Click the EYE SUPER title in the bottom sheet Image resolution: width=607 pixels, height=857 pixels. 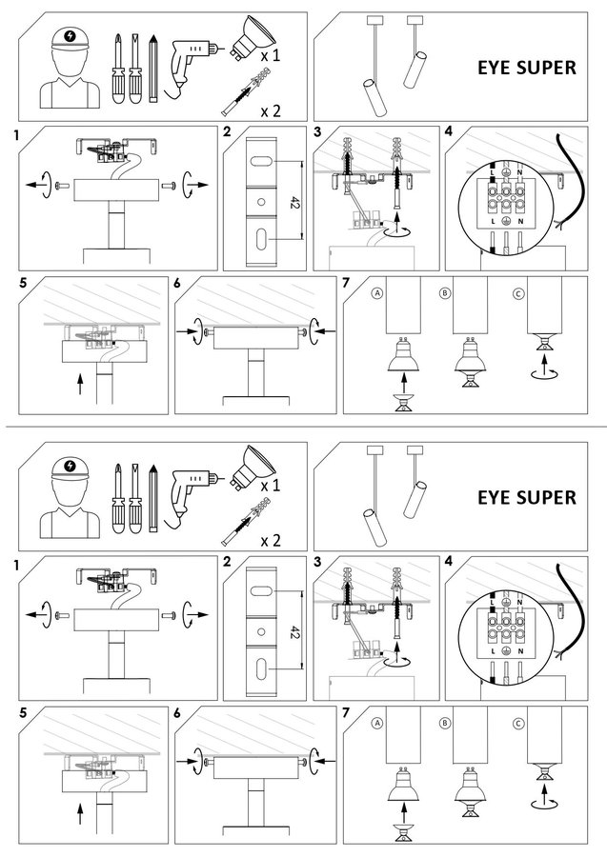[x=526, y=497]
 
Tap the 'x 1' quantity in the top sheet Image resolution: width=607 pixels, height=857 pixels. [x=272, y=56]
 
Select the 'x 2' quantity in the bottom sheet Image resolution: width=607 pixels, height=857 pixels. [x=272, y=540]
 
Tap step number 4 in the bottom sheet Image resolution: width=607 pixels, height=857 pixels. [x=448, y=561]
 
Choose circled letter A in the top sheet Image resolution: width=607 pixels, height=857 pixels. [x=378, y=293]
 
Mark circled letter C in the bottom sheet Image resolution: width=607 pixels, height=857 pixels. [x=517, y=723]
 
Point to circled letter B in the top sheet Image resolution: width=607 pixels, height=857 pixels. [x=445, y=293]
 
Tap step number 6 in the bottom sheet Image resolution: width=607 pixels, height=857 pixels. [x=178, y=712]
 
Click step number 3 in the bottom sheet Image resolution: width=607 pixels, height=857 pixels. [x=316, y=561]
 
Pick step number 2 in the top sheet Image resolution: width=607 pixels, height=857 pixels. [x=226, y=131]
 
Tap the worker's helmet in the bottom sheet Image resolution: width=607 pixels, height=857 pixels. [x=68, y=471]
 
